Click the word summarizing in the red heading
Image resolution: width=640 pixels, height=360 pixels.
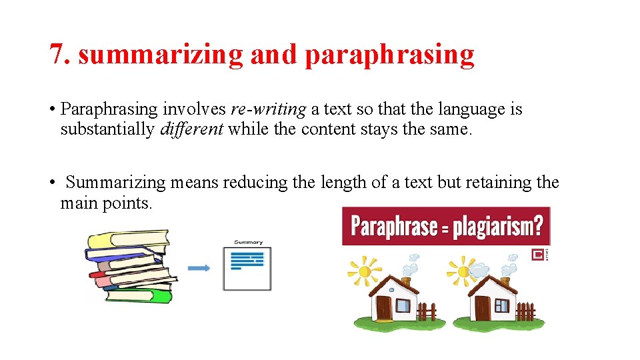(x=161, y=55)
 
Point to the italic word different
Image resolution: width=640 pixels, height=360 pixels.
(x=191, y=129)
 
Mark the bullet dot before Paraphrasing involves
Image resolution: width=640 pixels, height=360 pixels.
(x=51, y=109)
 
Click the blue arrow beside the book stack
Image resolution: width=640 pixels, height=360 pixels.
(x=199, y=268)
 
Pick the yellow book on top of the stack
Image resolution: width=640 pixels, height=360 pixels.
(x=127, y=239)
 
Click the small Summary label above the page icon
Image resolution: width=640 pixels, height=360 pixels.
(x=248, y=243)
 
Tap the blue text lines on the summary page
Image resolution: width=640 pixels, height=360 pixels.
(x=247, y=260)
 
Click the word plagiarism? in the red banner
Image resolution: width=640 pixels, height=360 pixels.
(x=498, y=227)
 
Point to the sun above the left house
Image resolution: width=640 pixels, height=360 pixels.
(x=365, y=272)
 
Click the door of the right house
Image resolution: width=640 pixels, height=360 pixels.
(x=482, y=308)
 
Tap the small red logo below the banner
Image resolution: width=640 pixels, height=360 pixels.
(x=537, y=255)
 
